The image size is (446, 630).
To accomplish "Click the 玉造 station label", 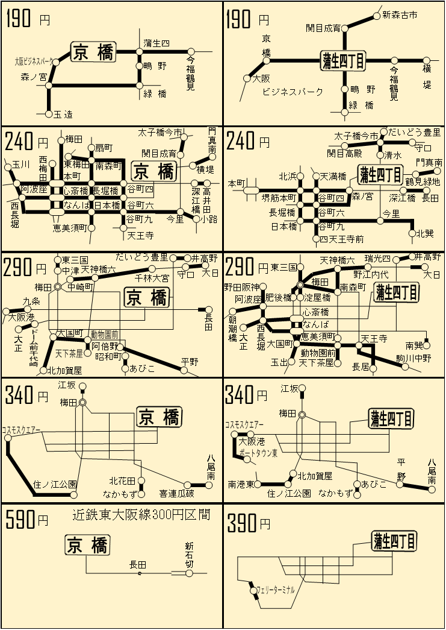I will point(63,114).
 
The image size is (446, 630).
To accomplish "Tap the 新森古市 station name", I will point(400,14).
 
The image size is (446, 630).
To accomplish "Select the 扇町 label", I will point(104,148).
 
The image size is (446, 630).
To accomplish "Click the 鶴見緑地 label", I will point(423,181).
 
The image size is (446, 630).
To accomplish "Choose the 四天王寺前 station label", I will point(341,239).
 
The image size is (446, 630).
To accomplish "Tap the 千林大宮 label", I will point(152,278).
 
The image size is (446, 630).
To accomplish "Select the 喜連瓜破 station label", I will point(177,493).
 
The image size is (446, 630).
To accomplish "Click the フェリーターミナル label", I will point(276,590).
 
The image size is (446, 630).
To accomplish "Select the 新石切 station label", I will point(190,555).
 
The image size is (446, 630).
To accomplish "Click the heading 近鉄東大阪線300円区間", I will point(141,515).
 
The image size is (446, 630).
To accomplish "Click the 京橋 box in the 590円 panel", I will point(87,546).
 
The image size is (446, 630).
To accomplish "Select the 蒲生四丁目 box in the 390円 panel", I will point(394,540).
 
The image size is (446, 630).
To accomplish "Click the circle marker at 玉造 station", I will point(49,114).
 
